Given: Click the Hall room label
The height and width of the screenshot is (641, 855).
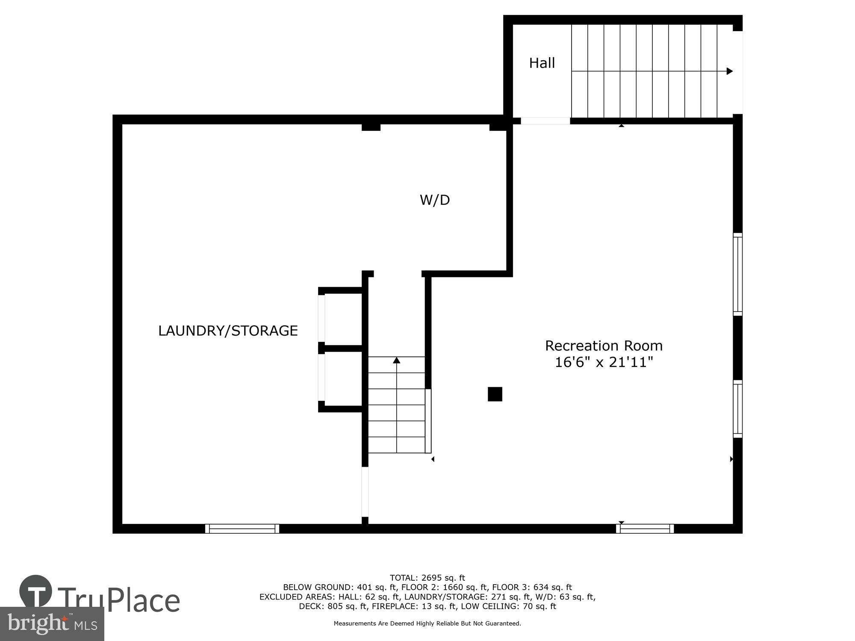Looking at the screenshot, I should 542,63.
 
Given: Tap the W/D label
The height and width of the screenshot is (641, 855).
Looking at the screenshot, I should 435,200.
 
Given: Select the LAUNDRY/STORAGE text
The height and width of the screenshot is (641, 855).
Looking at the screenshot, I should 228,331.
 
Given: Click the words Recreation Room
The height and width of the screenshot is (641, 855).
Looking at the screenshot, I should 604,345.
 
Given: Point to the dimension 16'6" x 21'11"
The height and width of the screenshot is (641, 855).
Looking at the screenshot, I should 604,362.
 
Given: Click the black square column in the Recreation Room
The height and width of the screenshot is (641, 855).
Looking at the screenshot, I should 495,394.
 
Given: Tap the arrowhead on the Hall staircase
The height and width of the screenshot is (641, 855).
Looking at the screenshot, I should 730,71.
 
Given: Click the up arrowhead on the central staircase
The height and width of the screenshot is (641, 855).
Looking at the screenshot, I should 396,360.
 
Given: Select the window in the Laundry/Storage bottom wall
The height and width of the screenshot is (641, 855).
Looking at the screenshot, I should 242,529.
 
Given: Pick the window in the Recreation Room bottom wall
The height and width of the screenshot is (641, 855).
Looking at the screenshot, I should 645,529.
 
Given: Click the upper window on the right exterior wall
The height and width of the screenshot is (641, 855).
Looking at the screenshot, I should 737,274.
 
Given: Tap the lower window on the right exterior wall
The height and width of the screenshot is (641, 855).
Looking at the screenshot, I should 737,409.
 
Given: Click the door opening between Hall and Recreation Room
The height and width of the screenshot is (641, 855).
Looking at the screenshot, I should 545,121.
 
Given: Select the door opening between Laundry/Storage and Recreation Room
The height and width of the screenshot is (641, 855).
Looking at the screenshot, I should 365,492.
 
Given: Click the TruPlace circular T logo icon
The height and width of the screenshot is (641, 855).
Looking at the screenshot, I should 36,591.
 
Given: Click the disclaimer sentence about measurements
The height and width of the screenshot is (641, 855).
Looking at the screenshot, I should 427,623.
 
